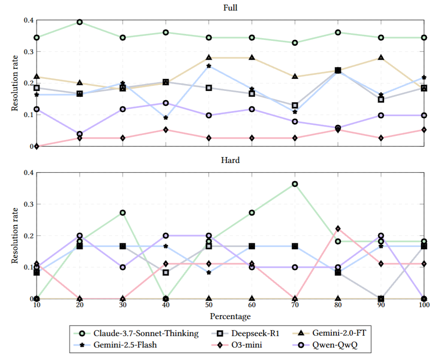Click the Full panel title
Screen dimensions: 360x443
coord(230,8)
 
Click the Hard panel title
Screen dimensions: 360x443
coord(230,161)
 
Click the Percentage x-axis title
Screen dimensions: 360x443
coord(230,316)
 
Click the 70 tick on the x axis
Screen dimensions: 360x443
coord(295,306)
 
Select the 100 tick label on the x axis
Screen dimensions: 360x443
coord(424,306)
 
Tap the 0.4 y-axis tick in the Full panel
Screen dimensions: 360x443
coord(28,20)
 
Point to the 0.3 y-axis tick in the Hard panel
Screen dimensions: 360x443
coord(28,204)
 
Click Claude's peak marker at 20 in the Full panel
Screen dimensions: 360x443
coord(80,22)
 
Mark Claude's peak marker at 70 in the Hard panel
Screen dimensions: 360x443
coord(295,184)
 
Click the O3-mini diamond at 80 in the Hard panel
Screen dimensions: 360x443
coord(338,229)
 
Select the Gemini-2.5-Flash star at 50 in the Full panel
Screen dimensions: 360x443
coord(209,66)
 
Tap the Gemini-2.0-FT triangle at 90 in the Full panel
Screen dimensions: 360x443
coord(381,58)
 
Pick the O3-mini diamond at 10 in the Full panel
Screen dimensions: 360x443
coord(37,146)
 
